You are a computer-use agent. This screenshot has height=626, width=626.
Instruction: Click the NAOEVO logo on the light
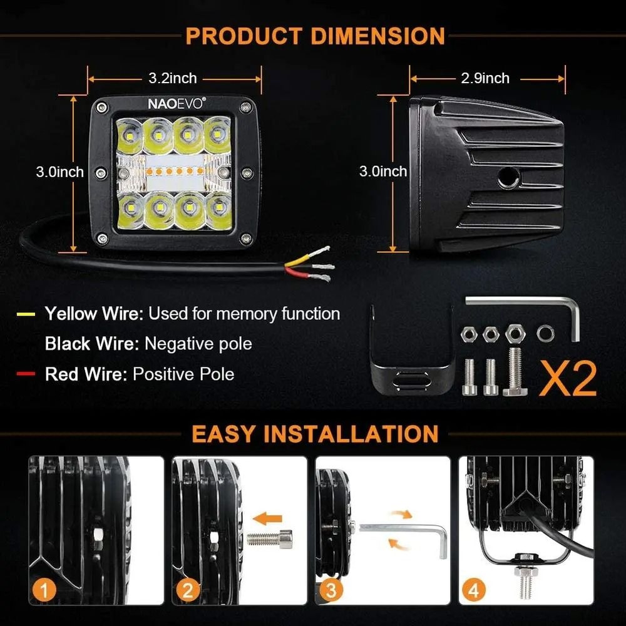coord(175,104)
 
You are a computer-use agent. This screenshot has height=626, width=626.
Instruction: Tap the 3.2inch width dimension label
coord(173,78)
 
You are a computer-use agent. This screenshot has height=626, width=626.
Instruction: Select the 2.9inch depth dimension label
coord(485,78)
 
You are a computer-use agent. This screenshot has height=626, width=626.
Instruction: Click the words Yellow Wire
coord(93,314)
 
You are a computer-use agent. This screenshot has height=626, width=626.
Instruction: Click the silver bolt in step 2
coord(270,537)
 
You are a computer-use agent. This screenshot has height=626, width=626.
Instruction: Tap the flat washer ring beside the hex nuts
coord(544,333)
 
